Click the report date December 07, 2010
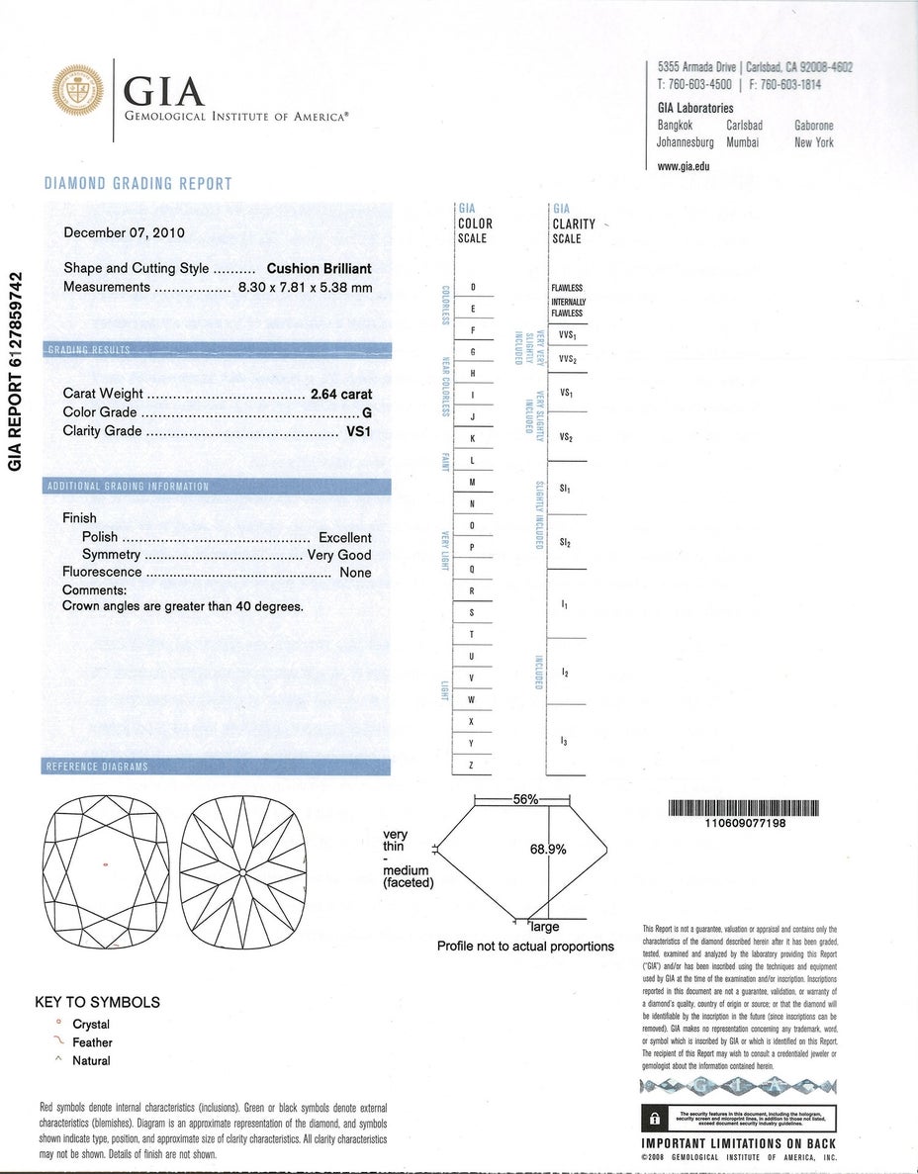pyautogui.click(x=124, y=233)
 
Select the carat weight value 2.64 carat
pyautogui.click(x=341, y=394)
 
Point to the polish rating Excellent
pyautogui.click(x=344, y=538)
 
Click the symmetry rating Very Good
pyautogui.click(x=339, y=556)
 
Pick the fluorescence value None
pyautogui.click(x=355, y=573)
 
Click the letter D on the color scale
pyautogui.click(x=473, y=288)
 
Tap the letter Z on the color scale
pyautogui.click(x=472, y=764)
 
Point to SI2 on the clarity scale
pyautogui.click(x=565, y=543)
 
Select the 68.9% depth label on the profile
pyautogui.click(x=548, y=849)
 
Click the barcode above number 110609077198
pyautogui.click(x=745, y=807)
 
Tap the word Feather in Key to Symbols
pyautogui.click(x=92, y=1042)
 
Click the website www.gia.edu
pyautogui.click(x=683, y=166)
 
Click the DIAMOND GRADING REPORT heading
pyautogui.click(x=138, y=184)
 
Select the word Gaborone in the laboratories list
pyautogui.click(x=813, y=126)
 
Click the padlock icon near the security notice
pyautogui.click(x=653, y=1118)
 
